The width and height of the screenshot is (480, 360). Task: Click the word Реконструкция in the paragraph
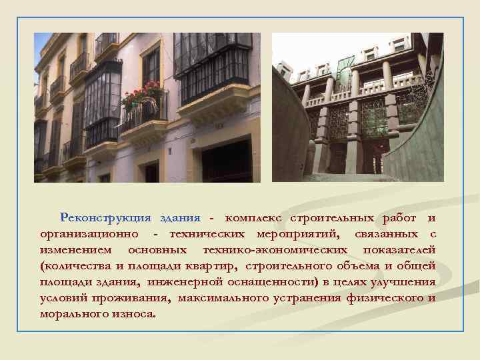[x=100, y=218]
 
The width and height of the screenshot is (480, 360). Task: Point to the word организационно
[x=89, y=234]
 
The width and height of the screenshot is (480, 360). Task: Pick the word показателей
[x=399, y=250]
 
